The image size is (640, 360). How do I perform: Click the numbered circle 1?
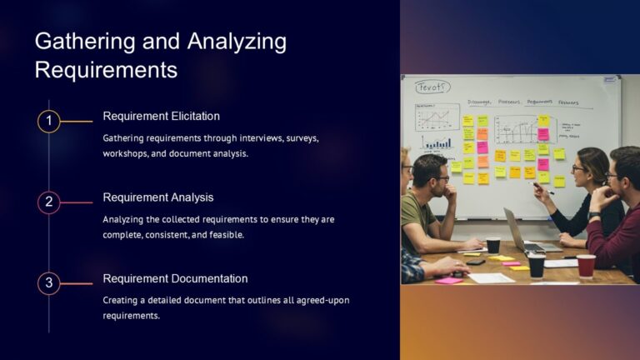pos(49,122)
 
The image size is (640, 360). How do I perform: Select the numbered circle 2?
pos(49,202)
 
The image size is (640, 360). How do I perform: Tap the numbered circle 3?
pos(49,283)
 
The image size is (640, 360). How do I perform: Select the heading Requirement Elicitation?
pos(161,116)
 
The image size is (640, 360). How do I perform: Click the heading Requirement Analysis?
pos(157,197)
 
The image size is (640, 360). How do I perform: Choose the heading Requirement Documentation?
pos(175,278)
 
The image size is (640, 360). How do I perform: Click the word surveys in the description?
pos(302,137)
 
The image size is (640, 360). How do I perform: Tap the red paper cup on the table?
pos(587,265)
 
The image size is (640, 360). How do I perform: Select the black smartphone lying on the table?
pos(475,262)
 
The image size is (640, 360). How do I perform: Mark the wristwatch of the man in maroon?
pos(593,216)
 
